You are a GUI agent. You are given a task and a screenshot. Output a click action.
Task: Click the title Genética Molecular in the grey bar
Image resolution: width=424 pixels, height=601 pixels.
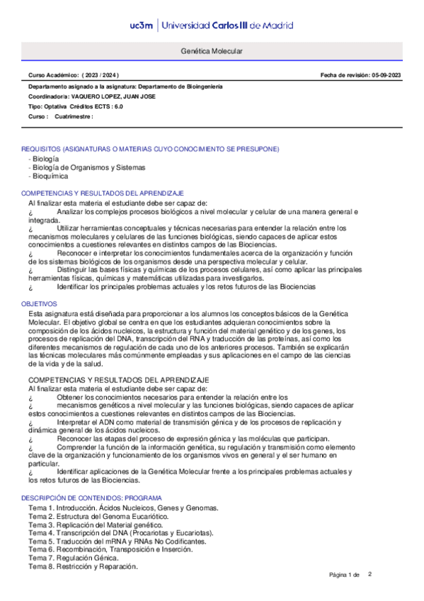212,52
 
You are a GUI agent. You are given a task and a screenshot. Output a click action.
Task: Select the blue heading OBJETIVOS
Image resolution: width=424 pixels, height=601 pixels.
38,303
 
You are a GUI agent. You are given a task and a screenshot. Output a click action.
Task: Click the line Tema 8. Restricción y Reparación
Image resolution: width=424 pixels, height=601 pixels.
83,566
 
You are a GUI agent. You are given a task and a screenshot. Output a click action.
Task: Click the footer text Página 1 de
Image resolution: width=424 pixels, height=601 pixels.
345,575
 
